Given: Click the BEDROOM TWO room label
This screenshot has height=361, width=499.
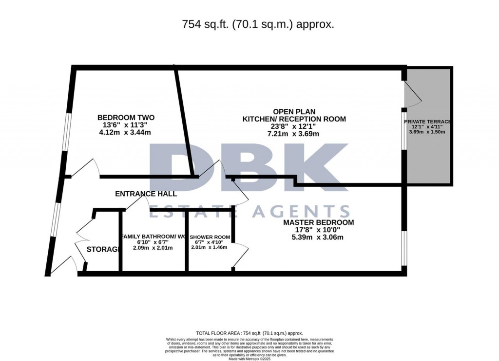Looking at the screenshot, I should click(x=126, y=118).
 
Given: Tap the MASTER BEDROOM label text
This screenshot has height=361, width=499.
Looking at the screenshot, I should click(x=319, y=222).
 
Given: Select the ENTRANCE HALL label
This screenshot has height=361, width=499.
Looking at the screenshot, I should click(x=146, y=194).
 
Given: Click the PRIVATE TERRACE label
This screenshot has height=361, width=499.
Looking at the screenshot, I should click(x=427, y=121).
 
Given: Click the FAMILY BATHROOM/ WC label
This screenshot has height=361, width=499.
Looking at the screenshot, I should click(x=154, y=237).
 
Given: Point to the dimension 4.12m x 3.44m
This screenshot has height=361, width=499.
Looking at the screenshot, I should click(x=126, y=133).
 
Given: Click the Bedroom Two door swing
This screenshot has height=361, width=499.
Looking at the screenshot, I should click(x=86, y=167).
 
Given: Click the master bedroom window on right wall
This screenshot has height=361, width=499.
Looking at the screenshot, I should click(x=403, y=248).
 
